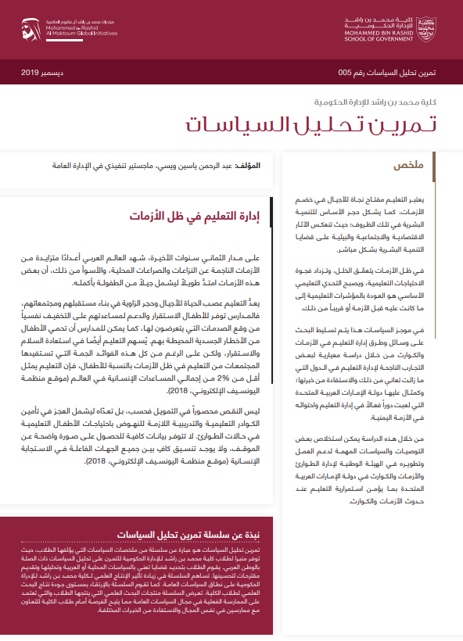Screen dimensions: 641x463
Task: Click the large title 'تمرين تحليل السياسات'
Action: point(312,124)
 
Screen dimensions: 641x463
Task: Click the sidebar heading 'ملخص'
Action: point(429,165)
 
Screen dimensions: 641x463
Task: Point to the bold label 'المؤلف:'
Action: point(251,166)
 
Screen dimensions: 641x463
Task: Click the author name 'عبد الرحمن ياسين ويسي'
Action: point(202,166)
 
